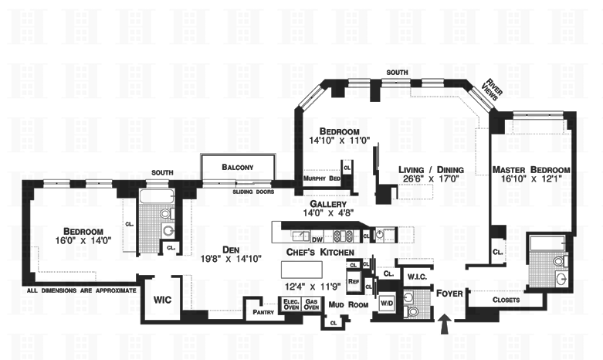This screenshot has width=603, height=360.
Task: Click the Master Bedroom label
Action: tap(533, 170)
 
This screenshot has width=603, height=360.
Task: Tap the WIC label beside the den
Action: tap(162, 298)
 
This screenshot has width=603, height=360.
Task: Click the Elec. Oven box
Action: tap(291, 304)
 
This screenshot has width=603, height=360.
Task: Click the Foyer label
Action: tap(449, 294)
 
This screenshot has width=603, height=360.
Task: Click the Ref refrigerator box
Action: tap(354, 283)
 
